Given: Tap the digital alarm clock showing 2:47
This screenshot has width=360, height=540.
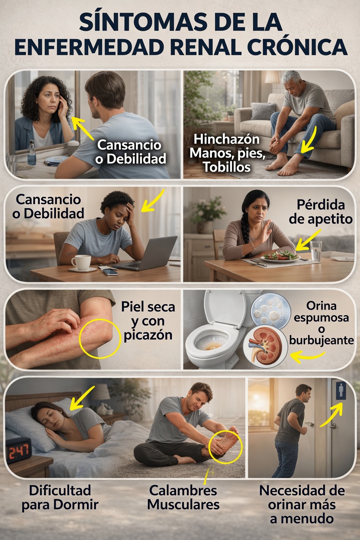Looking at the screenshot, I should (19, 450).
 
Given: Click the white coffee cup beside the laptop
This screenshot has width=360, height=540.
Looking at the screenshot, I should (80, 262).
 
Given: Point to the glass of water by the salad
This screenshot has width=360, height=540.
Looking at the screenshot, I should (316, 251).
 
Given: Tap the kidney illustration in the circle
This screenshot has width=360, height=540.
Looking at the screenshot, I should (265, 344).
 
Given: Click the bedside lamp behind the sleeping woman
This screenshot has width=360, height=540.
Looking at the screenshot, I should (100, 395).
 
